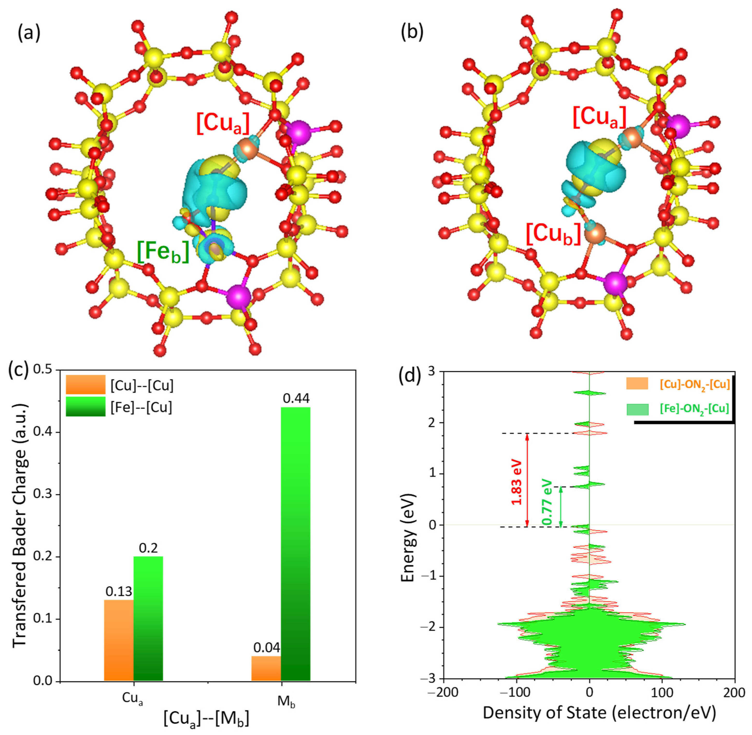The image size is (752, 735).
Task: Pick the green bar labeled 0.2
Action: pyautogui.click(x=148, y=618)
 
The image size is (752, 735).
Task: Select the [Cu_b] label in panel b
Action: pyautogui.click(x=553, y=234)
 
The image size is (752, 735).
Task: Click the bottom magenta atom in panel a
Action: pyautogui.click(x=238, y=296)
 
